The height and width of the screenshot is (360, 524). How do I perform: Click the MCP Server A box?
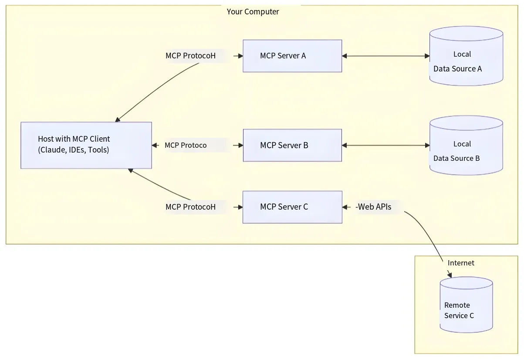(292, 56)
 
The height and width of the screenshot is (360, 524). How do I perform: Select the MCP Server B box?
(292, 146)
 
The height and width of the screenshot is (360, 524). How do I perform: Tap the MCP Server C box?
(292, 207)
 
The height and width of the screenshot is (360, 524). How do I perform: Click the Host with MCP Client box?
(86, 146)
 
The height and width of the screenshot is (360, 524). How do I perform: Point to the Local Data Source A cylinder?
(466, 56)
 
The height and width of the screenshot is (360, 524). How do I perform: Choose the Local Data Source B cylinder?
(466, 146)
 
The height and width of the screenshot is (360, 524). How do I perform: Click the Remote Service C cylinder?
(466, 305)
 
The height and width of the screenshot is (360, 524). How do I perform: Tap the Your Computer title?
(253, 12)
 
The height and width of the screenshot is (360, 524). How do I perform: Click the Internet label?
(461, 263)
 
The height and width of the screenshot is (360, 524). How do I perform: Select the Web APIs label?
(373, 207)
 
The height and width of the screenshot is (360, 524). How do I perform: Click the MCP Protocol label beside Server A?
(190, 56)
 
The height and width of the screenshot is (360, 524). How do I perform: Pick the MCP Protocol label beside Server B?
(186, 145)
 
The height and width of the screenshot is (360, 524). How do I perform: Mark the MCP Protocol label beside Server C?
(190, 207)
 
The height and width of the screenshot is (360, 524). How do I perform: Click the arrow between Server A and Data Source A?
(386, 56)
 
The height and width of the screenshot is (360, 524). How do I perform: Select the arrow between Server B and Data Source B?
(386, 146)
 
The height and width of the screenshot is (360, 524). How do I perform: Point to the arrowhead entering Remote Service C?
(450, 274)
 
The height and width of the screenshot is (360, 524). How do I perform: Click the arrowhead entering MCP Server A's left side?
(240, 56)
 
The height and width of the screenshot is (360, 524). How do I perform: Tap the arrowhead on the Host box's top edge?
(118, 119)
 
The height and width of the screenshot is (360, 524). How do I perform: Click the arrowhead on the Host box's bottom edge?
(131, 171)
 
